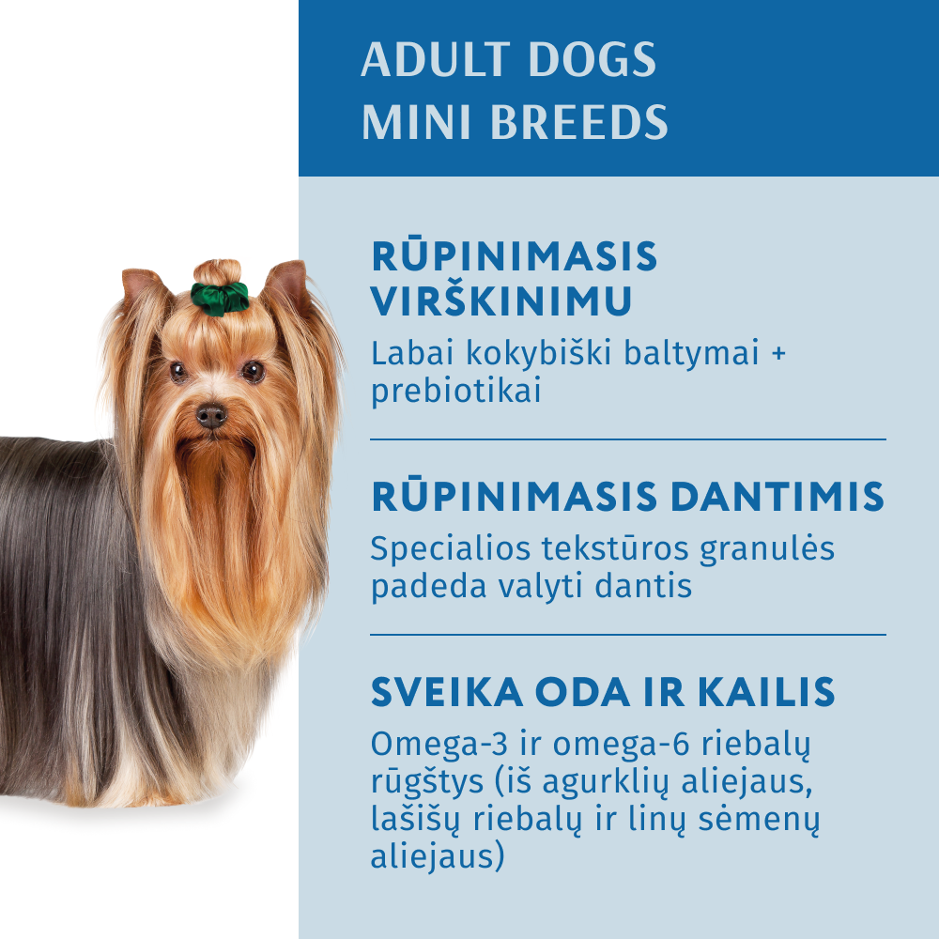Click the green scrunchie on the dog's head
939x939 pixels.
point(220,297)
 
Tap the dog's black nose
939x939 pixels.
point(211,415)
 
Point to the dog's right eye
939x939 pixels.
point(177,372)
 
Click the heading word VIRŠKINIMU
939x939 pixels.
point(501,302)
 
